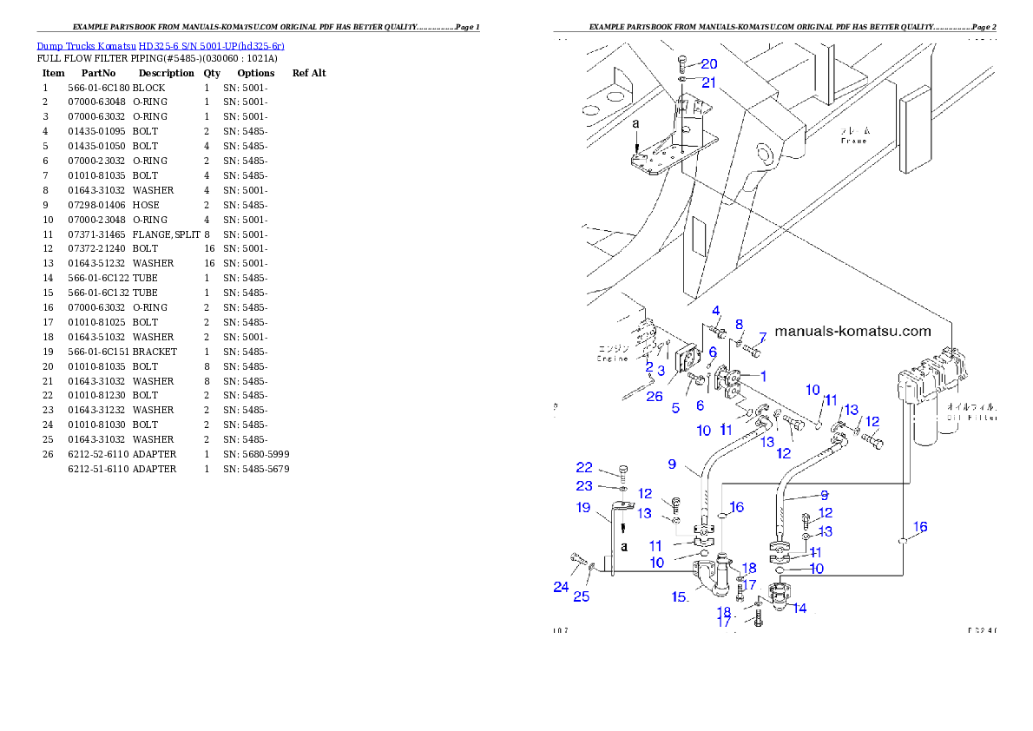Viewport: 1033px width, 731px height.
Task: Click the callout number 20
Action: (708, 64)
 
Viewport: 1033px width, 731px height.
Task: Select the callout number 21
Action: (708, 82)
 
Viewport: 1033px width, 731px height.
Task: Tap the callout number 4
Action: (716, 310)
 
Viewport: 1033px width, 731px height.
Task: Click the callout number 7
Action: (762, 337)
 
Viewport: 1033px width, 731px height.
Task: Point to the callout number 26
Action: (654, 396)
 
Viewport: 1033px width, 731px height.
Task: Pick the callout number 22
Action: (584, 467)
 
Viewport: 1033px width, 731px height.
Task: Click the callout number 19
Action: (583, 507)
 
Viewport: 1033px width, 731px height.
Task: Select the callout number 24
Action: (561, 587)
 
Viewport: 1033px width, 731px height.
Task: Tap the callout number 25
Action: (581, 596)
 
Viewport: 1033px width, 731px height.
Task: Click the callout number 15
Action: (679, 596)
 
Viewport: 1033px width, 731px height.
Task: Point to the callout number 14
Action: (799, 608)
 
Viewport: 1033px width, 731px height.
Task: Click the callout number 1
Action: (763, 376)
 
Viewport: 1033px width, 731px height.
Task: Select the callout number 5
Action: (674, 407)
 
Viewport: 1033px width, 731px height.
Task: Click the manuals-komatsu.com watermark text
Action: (852, 331)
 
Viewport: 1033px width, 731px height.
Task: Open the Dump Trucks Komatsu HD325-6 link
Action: (161, 46)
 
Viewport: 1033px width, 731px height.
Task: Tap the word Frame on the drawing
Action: (853, 140)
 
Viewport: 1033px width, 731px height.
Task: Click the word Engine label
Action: (611, 358)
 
